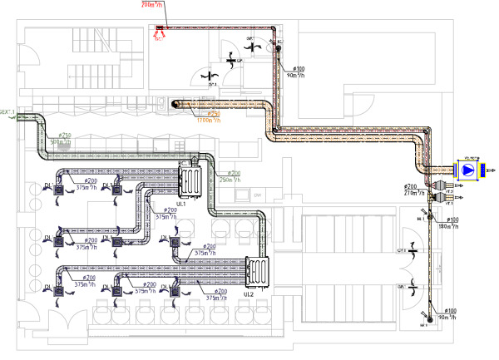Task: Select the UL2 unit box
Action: pyautogui.click(x=259, y=271)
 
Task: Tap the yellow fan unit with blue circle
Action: pyautogui.click(x=468, y=170)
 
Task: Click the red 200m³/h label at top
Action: pyautogui.click(x=153, y=4)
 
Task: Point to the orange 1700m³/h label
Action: pyautogui.click(x=208, y=120)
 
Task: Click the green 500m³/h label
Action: pyautogui.click(x=61, y=142)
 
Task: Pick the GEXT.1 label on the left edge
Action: pyautogui.click(x=7, y=112)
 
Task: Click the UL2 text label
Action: pyautogui.click(x=249, y=293)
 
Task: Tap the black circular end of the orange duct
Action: pyautogui.click(x=175, y=103)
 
